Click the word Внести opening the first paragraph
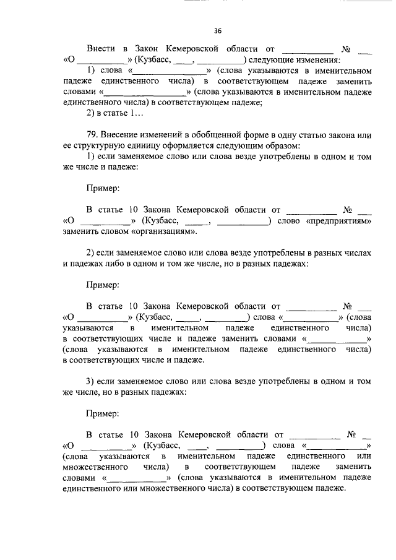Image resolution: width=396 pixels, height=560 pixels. click(x=101, y=48)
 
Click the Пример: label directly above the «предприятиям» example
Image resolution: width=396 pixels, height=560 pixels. click(x=103, y=187)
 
